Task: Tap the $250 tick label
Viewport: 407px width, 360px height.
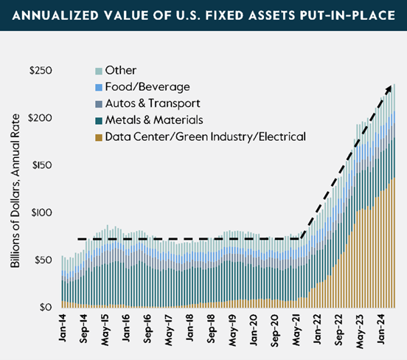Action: (41, 71)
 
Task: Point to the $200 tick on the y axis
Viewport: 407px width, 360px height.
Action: (41, 118)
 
